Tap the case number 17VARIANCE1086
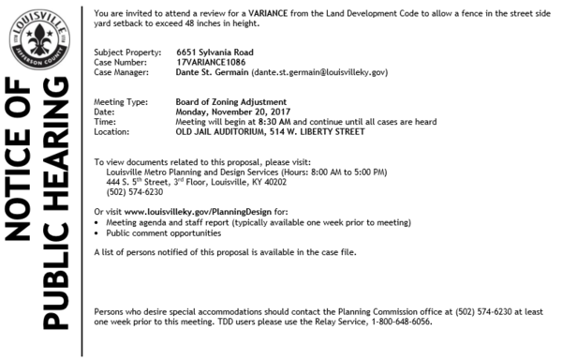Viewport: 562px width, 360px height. click(x=212, y=61)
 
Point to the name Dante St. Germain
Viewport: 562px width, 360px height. click(x=212, y=71)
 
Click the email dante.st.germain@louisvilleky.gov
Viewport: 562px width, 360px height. click(x=319, y=71)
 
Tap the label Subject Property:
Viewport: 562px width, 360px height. click(x=127, y=51)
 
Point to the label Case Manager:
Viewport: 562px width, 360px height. click(x=125, y=71)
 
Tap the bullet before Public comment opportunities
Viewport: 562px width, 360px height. click(x=98, y=232)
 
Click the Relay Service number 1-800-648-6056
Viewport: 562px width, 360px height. click(x=400, y=321)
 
